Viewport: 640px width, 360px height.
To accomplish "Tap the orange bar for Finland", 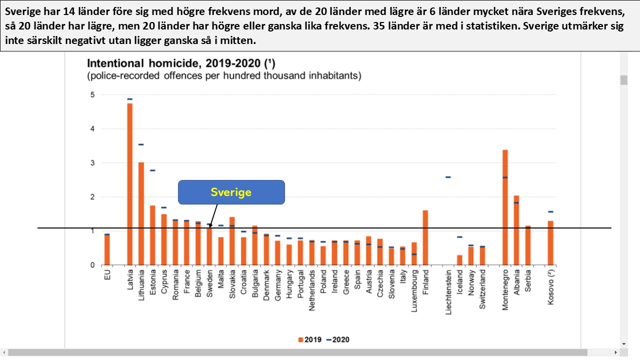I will (x=425, y=237).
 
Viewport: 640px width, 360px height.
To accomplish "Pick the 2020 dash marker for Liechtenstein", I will (x=448, y=177).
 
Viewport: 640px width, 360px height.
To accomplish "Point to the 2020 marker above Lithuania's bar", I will (x=141, y=144).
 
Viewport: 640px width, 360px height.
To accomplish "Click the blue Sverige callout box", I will (x=231, y=192).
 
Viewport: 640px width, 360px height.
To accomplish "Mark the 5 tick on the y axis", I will (x=91, y=94).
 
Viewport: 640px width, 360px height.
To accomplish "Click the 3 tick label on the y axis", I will (x=91, y=163).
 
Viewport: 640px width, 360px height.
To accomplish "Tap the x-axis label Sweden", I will (x=210, y=283).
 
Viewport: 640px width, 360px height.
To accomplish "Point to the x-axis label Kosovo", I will (x=550, y=286).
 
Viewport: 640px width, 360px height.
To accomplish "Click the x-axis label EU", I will (x=107, y=275).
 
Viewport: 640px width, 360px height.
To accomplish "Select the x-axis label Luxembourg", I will (x=414, y=291).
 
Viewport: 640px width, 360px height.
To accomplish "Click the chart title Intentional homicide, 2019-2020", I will (x=181, y=63).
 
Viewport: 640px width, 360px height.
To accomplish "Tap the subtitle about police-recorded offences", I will (x=224, y=76).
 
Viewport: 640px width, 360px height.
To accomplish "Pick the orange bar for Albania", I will (x=516, y=230).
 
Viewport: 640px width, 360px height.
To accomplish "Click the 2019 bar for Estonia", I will (x=152, y=235).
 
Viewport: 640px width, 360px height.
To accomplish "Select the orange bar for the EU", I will (x=107, y=250).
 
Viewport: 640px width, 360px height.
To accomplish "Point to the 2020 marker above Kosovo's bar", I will (x=550, y=211).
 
